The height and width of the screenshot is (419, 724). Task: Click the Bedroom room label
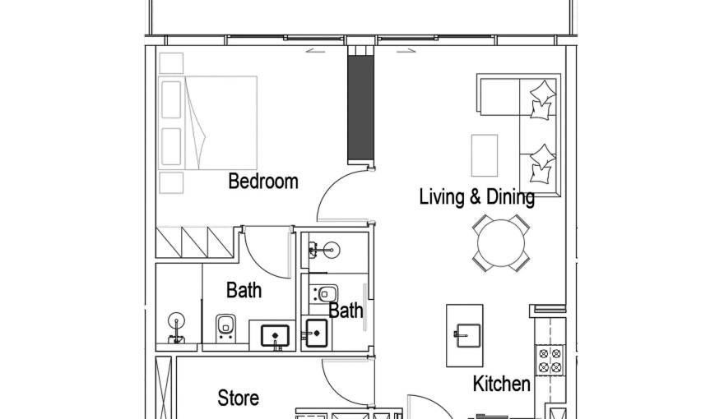click(262, 181)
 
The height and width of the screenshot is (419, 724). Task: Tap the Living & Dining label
click(476, 197)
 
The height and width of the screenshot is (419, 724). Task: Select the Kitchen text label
click(501, 384)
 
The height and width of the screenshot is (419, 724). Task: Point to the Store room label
click(238, 398)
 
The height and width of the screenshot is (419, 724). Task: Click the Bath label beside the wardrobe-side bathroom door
click(244, 290)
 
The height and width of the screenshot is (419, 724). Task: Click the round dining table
click(500, 243)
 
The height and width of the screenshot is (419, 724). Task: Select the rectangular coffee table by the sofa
click(484, 154)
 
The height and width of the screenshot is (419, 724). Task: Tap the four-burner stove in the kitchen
click(549, 360)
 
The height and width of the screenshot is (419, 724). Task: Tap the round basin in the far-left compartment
click(177, 320)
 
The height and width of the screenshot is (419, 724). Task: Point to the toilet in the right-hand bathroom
click(327, 293)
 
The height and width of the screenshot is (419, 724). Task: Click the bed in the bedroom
click(220, 122)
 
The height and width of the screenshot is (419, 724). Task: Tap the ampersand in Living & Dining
click(476, 197)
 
